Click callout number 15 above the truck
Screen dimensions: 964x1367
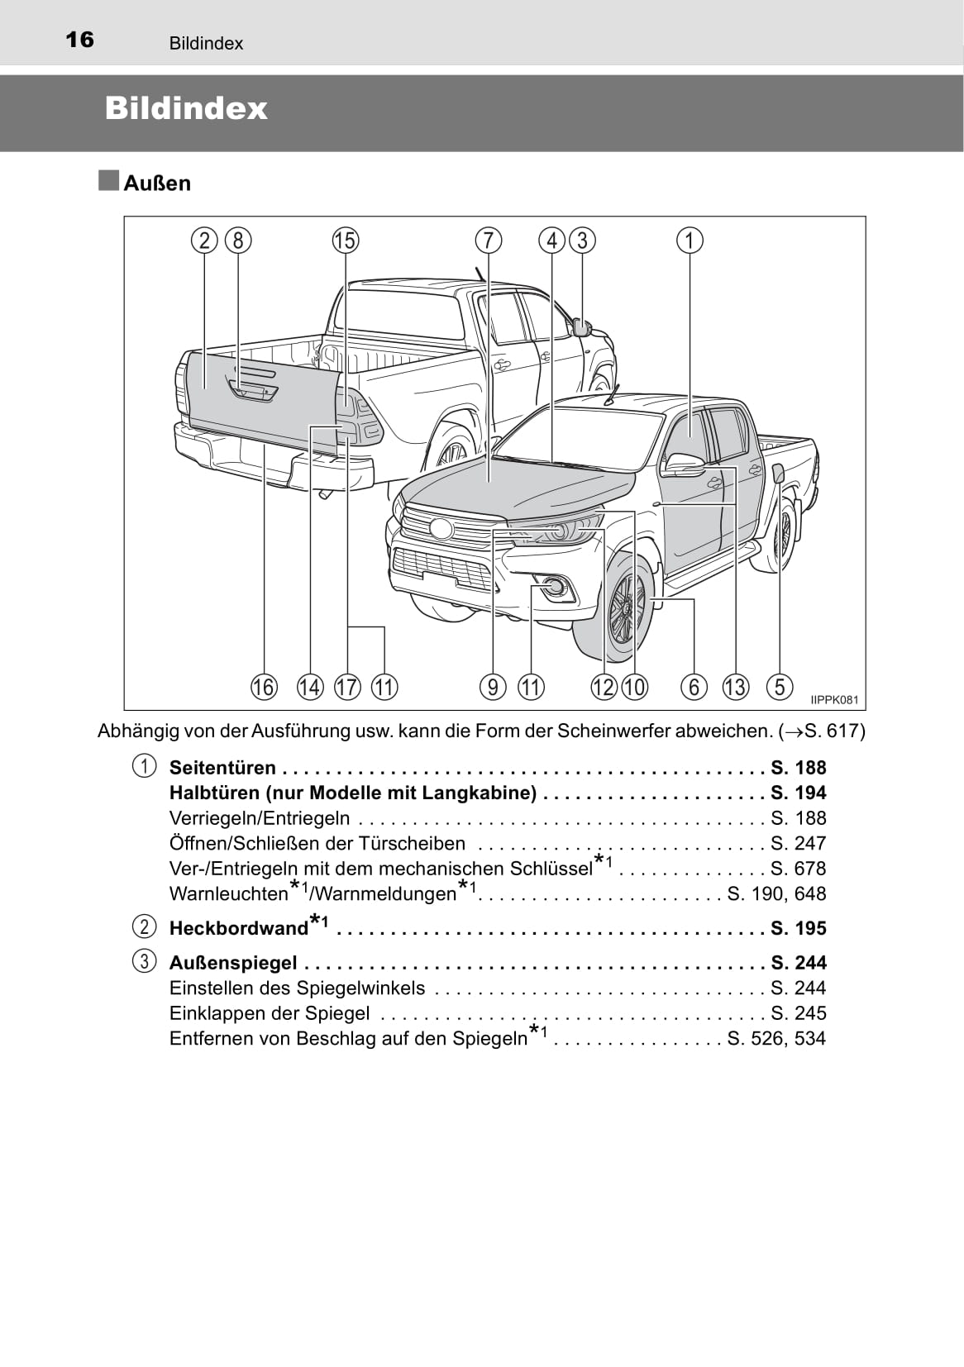(x=346, y=241)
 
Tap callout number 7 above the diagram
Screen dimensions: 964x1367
(x=489, y=241)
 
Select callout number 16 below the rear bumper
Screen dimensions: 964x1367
(x=264, y=687)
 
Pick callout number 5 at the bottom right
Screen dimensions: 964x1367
(x=780, y=687)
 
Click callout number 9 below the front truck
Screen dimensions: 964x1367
(x=493, y=687)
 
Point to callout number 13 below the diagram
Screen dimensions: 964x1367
(x=735, y=687)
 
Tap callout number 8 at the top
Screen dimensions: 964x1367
(x=238, y=241)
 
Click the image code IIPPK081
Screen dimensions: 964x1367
(x=834, y=700)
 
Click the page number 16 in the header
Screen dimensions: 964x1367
(x=80, y=40)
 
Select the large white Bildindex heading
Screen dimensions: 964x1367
(x=186, y=108)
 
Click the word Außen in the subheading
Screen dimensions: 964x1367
(x=158, y=183)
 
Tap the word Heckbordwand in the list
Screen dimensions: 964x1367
(x=239, y=928)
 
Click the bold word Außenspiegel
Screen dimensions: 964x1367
(x=233, y=963)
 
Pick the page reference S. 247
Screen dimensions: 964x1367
(x=798, y=843)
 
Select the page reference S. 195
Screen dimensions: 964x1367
(x=798, y=928)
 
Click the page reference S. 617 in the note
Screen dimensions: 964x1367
(x=828, y=731)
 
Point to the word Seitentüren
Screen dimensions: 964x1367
(x=223, y=768)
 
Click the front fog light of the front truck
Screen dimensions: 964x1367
(x=556, y=587)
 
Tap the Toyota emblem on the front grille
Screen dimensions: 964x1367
(x=441, y=528)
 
